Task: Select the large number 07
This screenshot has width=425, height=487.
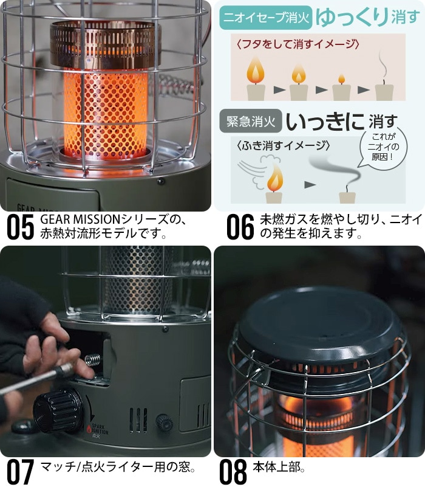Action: click(x=20, y=472)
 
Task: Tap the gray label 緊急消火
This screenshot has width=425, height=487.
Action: click(x=251, y=121)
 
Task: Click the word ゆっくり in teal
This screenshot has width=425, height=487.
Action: click(x=352, y=17)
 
